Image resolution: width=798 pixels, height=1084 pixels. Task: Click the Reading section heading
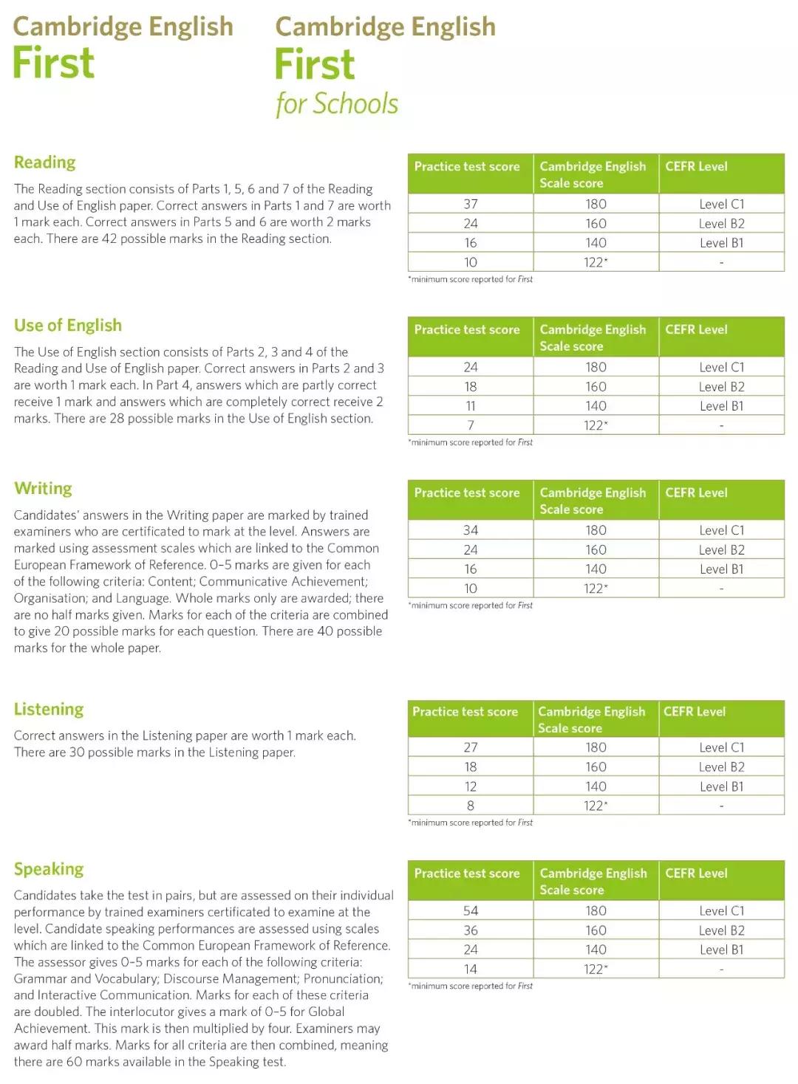44,162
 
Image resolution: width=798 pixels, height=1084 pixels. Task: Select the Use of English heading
67,326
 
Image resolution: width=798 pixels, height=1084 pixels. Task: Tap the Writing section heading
43,489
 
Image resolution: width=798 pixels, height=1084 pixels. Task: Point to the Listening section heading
49,710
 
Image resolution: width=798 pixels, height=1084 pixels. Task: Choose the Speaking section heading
49,869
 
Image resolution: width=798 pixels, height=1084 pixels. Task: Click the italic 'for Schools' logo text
337,104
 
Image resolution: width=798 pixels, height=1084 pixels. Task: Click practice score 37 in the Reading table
471,204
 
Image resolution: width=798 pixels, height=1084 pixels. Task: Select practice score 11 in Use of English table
471,406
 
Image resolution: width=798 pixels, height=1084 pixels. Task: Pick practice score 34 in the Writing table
471,530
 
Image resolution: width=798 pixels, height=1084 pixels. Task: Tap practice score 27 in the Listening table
471,747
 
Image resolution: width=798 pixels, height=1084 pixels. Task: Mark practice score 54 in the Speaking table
471,911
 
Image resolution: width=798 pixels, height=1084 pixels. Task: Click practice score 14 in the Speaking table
471,969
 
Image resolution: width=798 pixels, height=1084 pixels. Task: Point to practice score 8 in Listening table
471,806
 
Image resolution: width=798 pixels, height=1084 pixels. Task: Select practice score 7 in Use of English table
471,425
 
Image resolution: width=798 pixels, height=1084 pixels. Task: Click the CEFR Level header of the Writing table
696,493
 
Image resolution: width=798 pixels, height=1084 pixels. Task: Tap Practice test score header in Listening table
465,712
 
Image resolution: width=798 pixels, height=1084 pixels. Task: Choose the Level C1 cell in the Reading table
721,204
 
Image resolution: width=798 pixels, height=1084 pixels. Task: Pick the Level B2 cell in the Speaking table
721,930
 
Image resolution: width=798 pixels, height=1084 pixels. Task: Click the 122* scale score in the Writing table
596,589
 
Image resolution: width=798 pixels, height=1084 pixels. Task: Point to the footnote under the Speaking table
470,986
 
